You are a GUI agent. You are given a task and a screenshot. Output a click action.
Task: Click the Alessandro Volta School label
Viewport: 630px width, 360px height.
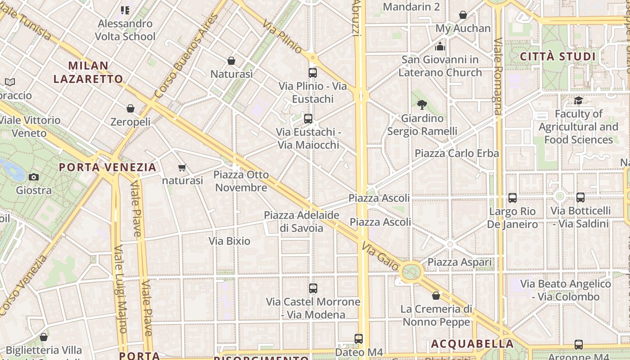click(x=125, y=30)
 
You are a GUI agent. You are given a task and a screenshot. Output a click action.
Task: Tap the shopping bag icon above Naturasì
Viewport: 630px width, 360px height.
click(x=231, y=61)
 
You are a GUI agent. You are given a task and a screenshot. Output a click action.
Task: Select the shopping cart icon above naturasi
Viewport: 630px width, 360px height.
click(x=182, y=168)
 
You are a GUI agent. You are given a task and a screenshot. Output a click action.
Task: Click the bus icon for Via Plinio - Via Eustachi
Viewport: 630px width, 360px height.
click(x=312, y=72)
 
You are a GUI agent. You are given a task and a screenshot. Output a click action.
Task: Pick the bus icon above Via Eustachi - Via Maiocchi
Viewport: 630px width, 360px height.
click(x=308, y=119)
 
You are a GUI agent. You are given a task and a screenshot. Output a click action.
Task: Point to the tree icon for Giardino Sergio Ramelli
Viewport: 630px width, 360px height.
click(x=422, y=105)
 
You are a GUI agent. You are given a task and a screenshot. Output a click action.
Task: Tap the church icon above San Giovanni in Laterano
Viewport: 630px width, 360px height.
click(x=440, y=46)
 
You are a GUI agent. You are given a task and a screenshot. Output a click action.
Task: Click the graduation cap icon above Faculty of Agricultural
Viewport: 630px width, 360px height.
click(x=578, y=100)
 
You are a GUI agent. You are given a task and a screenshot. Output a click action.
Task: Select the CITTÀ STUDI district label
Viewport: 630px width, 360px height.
click(x=558, y=57)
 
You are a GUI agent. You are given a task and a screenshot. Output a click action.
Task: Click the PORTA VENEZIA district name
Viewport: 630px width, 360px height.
click(x=108, y=167)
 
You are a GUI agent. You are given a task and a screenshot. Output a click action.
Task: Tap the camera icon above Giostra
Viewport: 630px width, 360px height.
click(x=33, y=177)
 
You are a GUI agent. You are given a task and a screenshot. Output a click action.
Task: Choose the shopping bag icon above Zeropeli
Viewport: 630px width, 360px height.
click(x=130, y=108)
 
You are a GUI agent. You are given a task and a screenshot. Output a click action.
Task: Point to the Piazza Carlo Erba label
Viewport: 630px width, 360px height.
click(x=456, y=153)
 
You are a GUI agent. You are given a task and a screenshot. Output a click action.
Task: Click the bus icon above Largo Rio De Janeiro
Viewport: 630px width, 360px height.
click(x=512, y=198)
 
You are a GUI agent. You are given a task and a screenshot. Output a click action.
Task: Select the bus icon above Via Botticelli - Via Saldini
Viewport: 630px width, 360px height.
click(x=580, y=197)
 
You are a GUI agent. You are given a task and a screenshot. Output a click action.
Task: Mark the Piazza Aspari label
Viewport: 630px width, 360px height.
click(x=459, y=262)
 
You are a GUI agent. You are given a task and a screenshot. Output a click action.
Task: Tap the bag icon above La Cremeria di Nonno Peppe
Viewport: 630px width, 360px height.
click(x=436, y=296)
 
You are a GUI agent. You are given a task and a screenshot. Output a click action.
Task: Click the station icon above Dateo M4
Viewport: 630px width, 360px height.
click(x=358, y=338)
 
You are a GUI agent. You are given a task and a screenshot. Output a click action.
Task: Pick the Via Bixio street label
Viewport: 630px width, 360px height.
click(x=229, y=241)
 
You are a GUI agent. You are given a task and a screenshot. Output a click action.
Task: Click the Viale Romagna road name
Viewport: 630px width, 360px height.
click(x=497, y=76)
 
